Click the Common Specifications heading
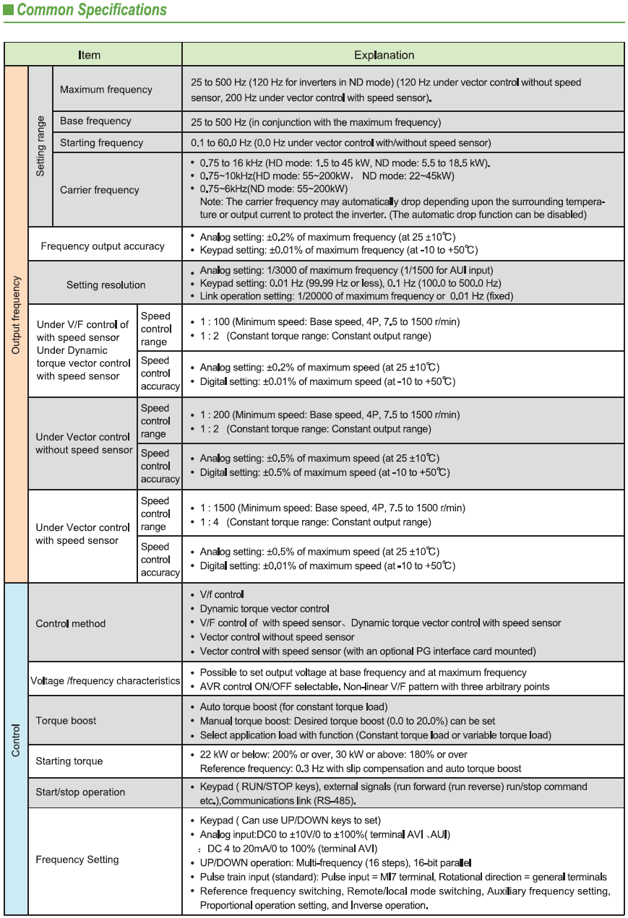point(91,10)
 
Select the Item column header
point(90,55)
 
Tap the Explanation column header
point(384,55)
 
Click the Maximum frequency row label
point(106,90)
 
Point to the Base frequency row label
point(95,121)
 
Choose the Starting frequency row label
point(101,143)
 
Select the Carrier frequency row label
point(100,190)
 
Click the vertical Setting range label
point(40,146)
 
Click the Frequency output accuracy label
point(103,246)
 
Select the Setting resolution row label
point(106,285)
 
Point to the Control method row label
point(71,624)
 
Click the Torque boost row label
point(66,721)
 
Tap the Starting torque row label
point(69,761)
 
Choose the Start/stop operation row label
point(80,792)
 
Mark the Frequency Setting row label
point(77,859)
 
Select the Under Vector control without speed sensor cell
point(84,443)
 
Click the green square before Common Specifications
point(8,10)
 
